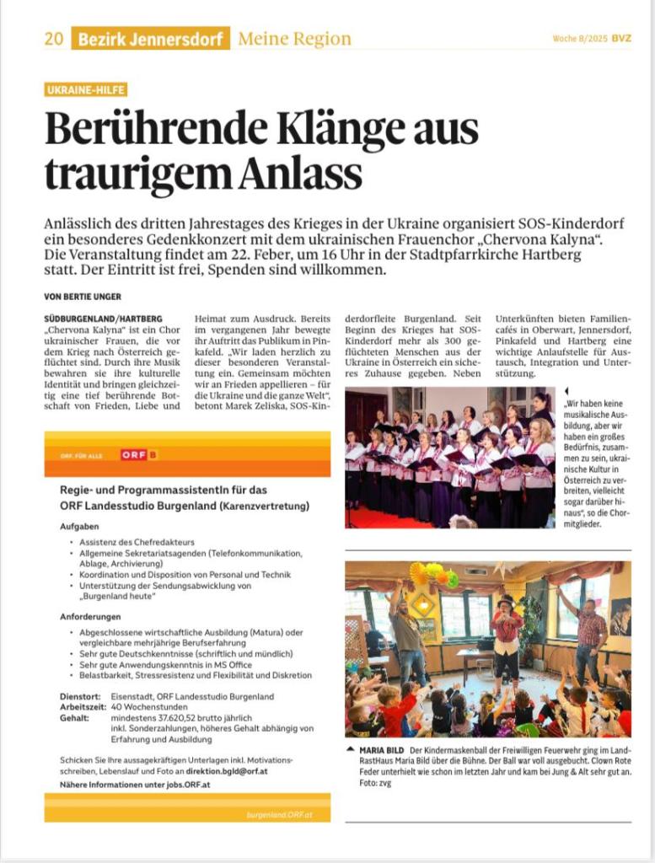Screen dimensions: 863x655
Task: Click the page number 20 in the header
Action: point(54,39)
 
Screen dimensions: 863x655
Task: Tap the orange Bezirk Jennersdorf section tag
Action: point(151,39)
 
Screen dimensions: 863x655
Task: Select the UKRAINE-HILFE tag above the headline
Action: point(86,89)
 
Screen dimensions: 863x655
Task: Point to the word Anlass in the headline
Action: point(301,174)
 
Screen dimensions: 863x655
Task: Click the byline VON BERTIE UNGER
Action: point(83,296)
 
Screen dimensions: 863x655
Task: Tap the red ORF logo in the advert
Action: point(139,455)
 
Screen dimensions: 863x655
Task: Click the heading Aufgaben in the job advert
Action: point(79,526)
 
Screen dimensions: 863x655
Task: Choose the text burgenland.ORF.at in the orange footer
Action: point(280,815)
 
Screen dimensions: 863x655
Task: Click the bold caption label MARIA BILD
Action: point(382,750)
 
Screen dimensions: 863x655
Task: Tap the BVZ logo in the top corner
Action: point(621,39)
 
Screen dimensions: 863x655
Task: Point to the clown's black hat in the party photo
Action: point(507,602)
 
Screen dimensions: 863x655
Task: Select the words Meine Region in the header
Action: point(294,39)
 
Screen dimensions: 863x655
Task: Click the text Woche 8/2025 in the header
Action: point(580,39)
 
